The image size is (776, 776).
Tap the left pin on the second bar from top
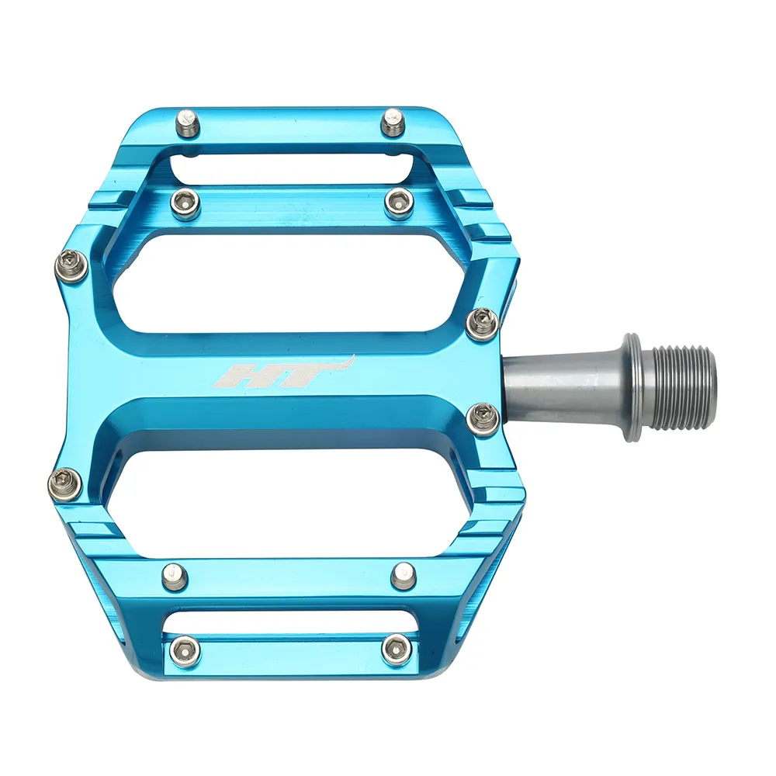185,203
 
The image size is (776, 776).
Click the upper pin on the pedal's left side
69,265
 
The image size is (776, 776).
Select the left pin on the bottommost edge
185,650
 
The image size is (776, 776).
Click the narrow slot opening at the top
291,167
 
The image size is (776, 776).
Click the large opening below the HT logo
295,497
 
